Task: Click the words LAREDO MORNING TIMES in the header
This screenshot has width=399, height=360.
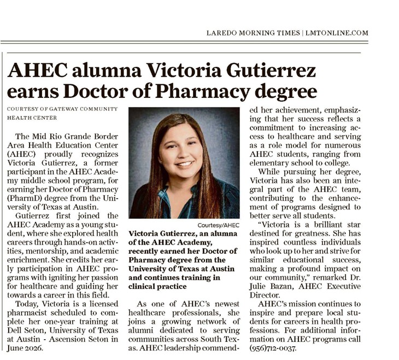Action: coord(253,33)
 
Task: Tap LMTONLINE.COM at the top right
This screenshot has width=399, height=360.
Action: coord(336,33)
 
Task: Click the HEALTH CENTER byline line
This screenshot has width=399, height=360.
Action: coord(32,118)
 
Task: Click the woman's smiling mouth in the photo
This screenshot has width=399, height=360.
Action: coord(185,162)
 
